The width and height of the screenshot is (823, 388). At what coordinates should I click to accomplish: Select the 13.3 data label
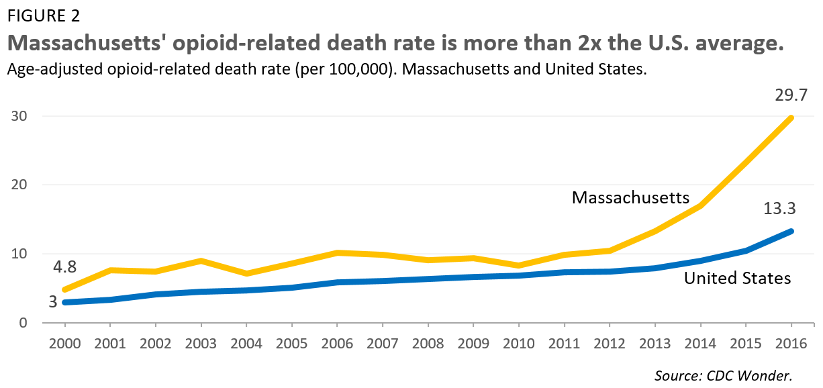(x=779, y=209)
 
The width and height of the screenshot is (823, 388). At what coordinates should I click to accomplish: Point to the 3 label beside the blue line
(x=52, y=302)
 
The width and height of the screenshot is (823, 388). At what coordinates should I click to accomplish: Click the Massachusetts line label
(x=630, y=197)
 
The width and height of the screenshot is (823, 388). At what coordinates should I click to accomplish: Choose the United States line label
(x=737, y=277)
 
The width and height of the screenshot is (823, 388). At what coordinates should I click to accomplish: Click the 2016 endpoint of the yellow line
(x=791, y=118)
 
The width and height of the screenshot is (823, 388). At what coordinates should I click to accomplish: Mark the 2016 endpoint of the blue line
(x=791, y=231)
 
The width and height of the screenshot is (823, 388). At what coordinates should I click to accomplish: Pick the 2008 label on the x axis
(x=428, y=343)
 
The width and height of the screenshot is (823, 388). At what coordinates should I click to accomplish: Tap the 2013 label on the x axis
(x=655, y=343)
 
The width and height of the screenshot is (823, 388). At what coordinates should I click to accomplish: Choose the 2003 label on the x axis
(x=201, y=343)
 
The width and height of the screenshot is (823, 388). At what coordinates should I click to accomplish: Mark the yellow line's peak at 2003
(x=201, y=260)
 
